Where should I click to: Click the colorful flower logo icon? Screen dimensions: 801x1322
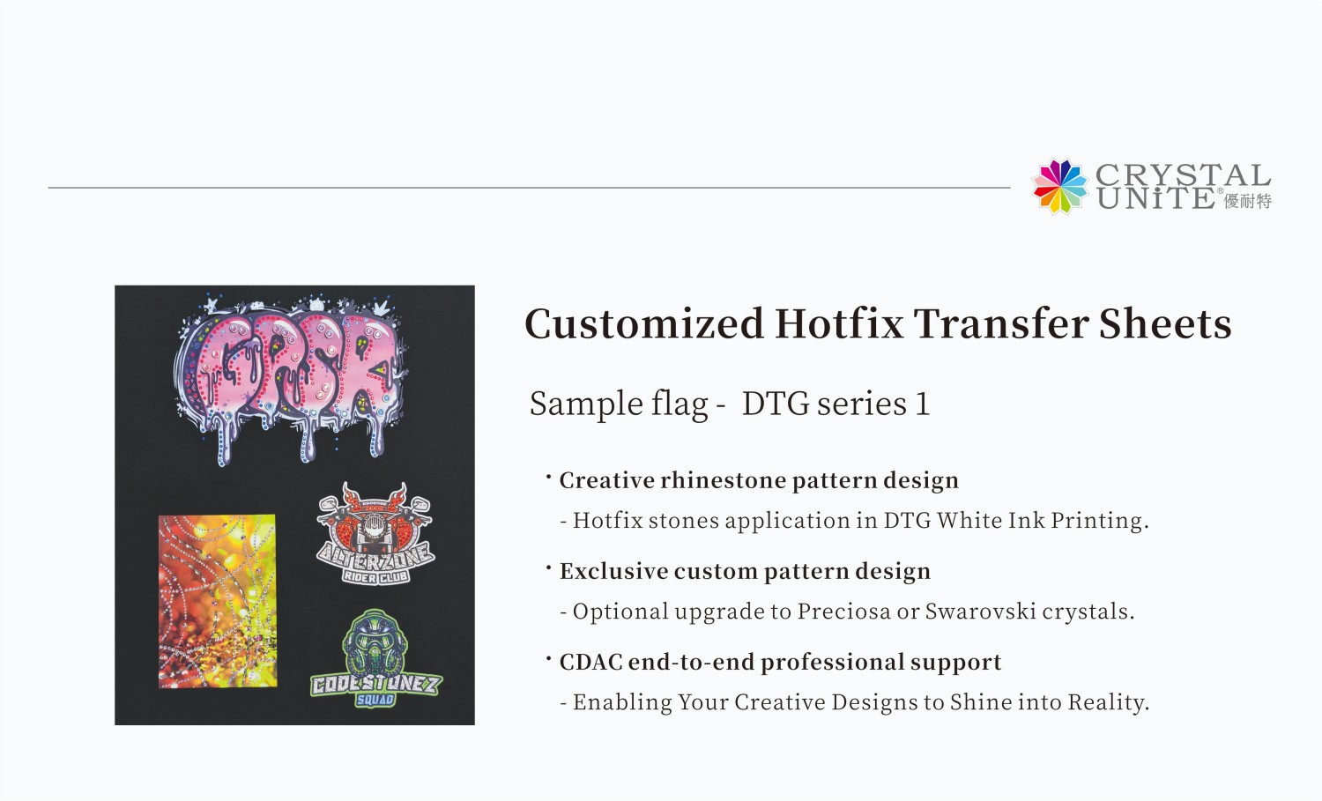pyautogui.click(x=1060, y=186)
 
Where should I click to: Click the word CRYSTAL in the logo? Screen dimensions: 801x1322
pyautogui.click(x=1182, y=175)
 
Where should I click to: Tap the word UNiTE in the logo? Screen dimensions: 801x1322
pyautogui.click(x=1155, y=198)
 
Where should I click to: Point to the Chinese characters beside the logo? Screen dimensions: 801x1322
pyautogui.click(x=1248, y=202)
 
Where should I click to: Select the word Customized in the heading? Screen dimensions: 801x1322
pyautogui.click(x=644, y=324)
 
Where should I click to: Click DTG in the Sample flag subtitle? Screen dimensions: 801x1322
pyautogui.click(x=775, y=404)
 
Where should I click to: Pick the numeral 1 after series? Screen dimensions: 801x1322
pyautogui.click(x=922, y=404)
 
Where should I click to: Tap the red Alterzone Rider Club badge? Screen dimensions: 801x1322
pyautogui.click(x=375, y=533)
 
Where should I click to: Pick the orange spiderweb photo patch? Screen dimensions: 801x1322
pyautogui.click(x=217, y=601)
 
